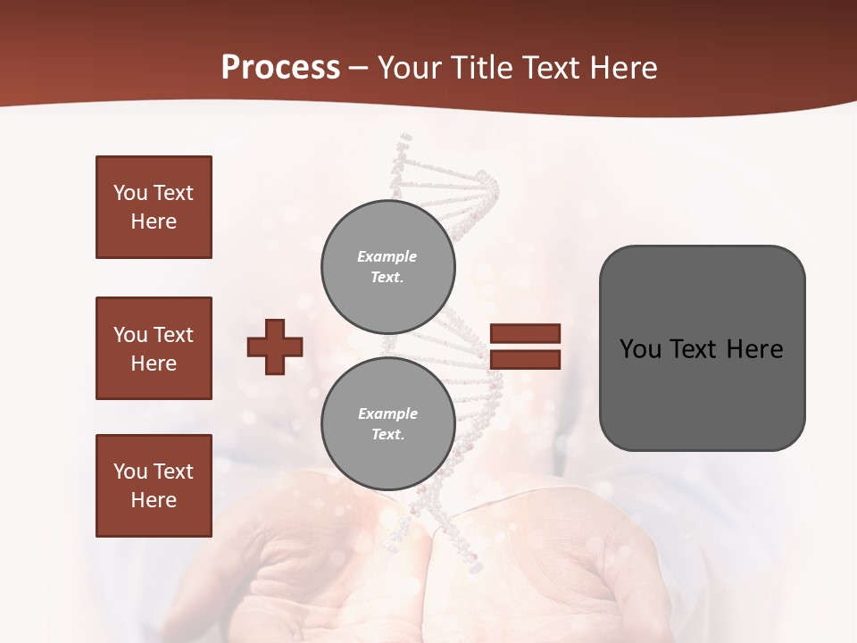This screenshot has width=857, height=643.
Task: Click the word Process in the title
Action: pyautogui.click(x=280, y=68)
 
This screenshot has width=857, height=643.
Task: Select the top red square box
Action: pyautogui.click(x=154, y=207)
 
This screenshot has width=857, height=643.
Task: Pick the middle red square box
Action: pyautogui.click(x=154, y=348)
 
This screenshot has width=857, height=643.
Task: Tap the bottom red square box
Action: pyautogui.click(x=154, y=486)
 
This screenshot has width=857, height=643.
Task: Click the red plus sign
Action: pyautogui.click(x=275, y=347)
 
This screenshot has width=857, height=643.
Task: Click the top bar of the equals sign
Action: pyautogui.click(x=525, y=333)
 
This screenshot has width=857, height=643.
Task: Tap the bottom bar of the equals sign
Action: pyautogui.click(x=525, y=360)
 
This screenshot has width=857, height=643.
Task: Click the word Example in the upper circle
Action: pyautogui.click(x=387, y=256)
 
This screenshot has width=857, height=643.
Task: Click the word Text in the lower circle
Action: pyautogui.click(x=387, y=435)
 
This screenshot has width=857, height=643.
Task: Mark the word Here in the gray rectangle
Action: pyautogui.click(x=754, y=349)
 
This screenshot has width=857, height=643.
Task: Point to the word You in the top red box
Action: pyautogui.click(x=129, y=193)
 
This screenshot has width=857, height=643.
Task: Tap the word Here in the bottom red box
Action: pyautogui.click(x=154, y=500)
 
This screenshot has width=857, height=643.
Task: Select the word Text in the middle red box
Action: pyautogui.click(x=173, y=335)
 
